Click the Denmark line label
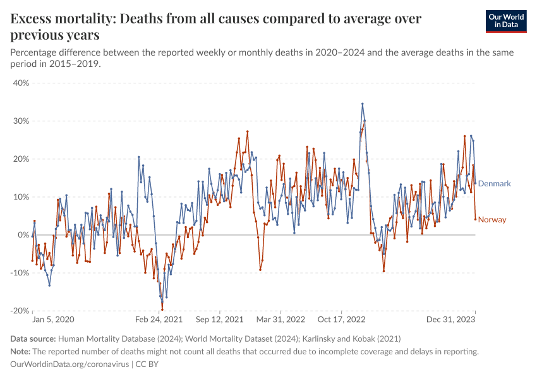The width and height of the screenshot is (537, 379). (494, 184)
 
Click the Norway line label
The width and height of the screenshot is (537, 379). (492, 220)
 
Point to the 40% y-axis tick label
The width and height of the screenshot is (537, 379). (21, 83)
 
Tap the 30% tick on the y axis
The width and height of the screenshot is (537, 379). (21, 121)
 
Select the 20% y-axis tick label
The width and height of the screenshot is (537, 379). (21, 159)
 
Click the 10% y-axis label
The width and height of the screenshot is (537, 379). (21, 196)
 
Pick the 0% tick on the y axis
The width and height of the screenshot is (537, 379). (23, 235)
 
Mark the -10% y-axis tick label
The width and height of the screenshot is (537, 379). (20, 273)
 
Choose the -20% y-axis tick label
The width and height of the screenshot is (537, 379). (20, 311)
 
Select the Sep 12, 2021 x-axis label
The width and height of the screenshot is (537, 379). (219, 320)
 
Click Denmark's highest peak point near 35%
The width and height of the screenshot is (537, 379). (363, 104)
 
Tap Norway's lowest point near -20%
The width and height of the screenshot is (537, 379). (162, 310)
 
